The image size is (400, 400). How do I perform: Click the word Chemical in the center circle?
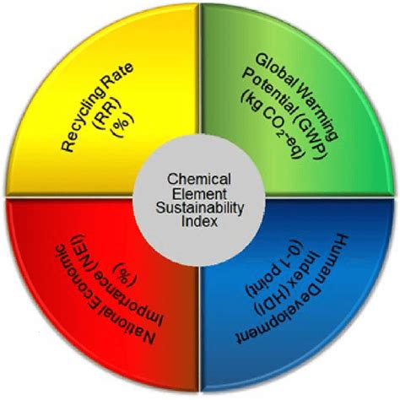(x=199, y=179)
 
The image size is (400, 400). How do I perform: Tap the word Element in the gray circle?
(x=199, y=193)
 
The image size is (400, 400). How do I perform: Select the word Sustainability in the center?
(x=200, y=208)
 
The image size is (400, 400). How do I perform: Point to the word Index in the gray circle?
(x=199, y=221)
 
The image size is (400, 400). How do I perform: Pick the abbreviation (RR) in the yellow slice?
(x=111, y=116)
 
